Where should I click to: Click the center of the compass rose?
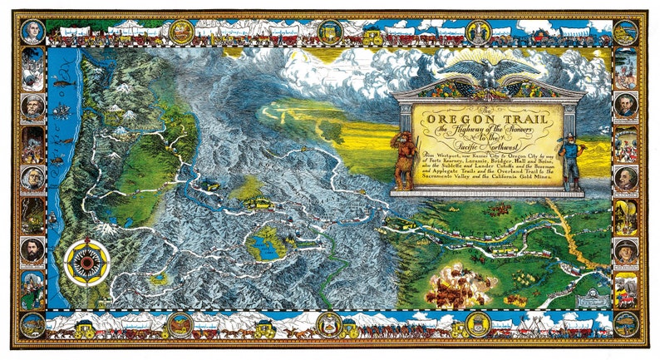(x=84, y=262)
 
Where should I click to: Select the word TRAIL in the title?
(x=528, y=119)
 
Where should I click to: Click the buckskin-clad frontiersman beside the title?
(x=405, y=155)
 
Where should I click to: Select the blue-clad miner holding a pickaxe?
(x=574, y=158)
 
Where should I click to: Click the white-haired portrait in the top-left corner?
(x=31, y=32)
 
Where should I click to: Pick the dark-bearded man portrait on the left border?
(x=32, y=249)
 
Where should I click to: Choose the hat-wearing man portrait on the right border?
(x=626, y=250)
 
